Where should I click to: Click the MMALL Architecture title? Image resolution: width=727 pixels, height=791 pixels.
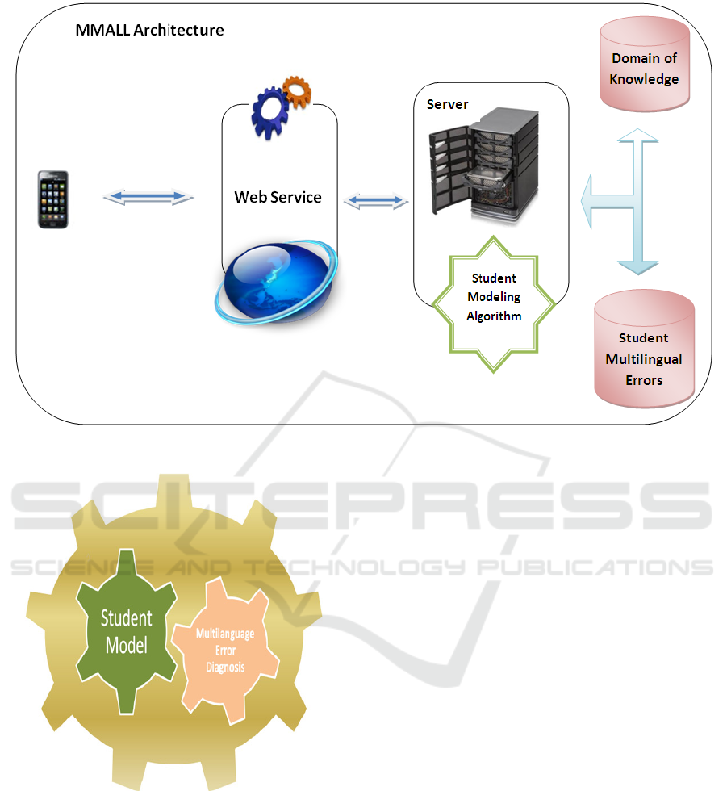coord(149,31)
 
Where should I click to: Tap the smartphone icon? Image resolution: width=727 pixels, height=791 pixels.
coord(53,199)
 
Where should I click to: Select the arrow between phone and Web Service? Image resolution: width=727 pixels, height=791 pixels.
coord(149,196)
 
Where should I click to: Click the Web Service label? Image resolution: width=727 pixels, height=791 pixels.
coord(278,197)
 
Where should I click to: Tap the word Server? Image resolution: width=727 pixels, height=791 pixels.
coord(447,105)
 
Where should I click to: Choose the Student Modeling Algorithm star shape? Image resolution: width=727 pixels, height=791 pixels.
coord(495,298)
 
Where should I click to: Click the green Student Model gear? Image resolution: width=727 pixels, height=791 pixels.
coord(127,630)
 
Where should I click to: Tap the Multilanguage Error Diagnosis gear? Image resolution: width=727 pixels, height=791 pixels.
coord(226,651)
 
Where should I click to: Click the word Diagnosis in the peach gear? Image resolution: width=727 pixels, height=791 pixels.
coord(225,668)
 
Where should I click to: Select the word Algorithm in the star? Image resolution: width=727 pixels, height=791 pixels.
coord(494,316)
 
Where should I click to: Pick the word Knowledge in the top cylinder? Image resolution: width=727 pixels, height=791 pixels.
coord(644,79)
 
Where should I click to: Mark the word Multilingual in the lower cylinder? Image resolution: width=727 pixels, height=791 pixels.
coord(644,359)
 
